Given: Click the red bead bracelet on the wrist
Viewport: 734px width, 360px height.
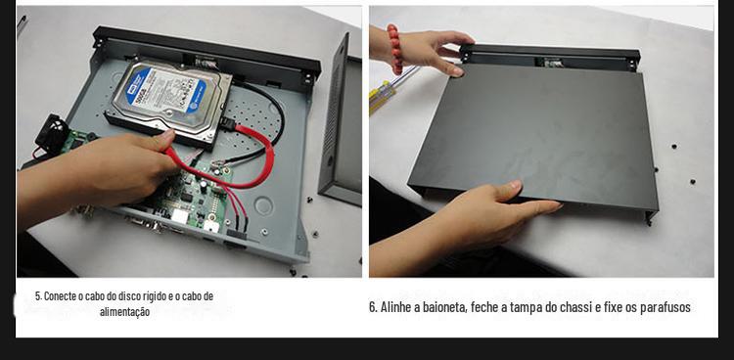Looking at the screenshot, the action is (x=394, y=49).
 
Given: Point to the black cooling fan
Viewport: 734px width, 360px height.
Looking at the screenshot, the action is (x=52, y=133).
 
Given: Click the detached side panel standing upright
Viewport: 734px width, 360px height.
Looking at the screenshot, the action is (x=341, y=121).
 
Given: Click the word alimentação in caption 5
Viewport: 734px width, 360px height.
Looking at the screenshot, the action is (x=124, y=312).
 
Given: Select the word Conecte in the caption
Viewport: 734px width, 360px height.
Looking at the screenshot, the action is (x=61, y=296).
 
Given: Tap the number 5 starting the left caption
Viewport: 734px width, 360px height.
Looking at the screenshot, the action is (x=38, y=296).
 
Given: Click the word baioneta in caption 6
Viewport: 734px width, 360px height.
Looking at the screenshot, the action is (x=444, y=307).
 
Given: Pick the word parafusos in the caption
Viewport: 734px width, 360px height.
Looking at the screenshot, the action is (x=665, y=307).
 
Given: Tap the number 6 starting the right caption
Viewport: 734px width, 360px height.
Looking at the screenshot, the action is (x=373, y=307).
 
